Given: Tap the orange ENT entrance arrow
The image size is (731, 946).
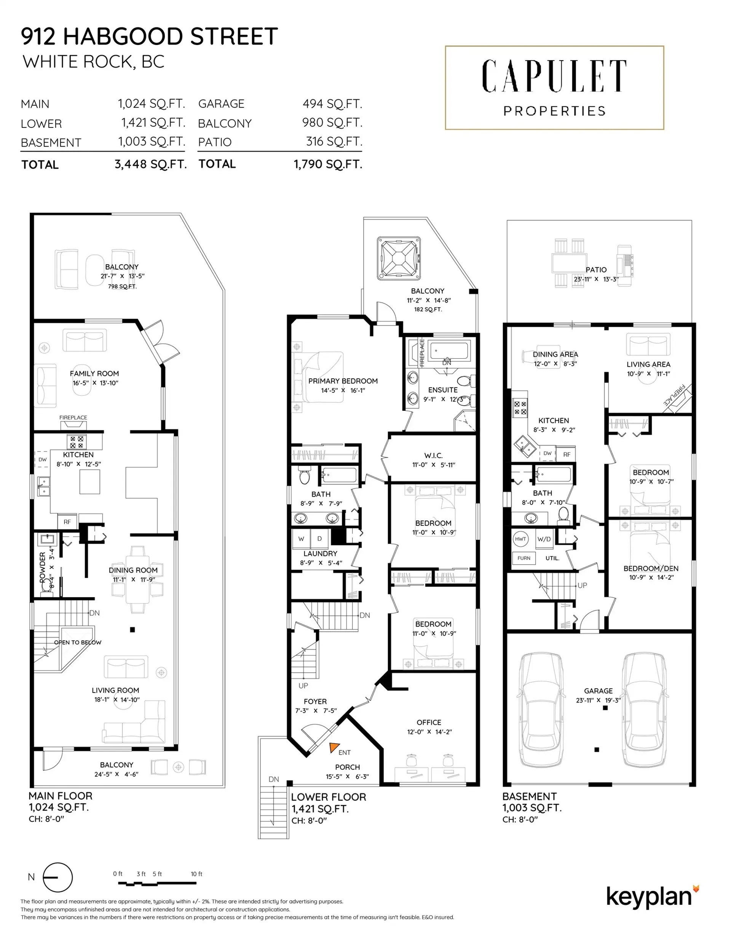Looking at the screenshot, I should click(x=334, y=747).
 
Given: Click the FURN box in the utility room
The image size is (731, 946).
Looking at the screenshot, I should click(x=524, y=558).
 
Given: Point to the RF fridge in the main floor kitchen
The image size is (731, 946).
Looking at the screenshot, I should click(x=67, y=522).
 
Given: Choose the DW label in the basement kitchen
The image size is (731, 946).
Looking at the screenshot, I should click(x=547, y=453).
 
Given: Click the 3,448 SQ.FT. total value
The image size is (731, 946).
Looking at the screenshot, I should click(x=150, y=164).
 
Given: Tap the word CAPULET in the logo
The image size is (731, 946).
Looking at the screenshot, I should click(x=554, y=76).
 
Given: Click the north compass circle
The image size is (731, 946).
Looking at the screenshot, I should click(x=57, y=877).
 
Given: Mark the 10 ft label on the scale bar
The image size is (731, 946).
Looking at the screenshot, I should click(x=196, y=874).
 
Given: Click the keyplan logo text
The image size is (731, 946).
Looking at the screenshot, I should click(x=648, y=897).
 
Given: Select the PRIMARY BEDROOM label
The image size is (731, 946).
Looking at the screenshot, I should click(x=343, y=381).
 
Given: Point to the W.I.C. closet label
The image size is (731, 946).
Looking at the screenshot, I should click(x=433, y=456).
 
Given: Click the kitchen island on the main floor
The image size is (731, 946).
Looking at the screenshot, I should click(x=90, y=482).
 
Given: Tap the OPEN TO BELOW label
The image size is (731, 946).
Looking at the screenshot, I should click(x=78, y=642).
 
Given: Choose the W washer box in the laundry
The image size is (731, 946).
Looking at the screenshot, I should click(x=301, y=539).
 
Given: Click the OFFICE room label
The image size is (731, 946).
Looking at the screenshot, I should click(x=429, y=723).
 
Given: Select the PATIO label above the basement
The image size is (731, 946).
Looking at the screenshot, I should click(x=596, y=270).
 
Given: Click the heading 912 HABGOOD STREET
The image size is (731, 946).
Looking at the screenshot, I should click(x=149, y=37).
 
